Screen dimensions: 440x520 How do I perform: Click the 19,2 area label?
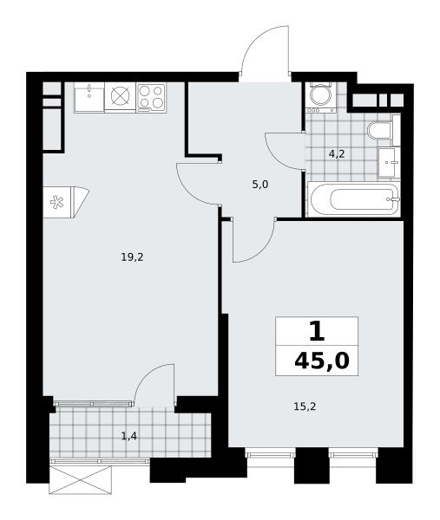coord(132,257)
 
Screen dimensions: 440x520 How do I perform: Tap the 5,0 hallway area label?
coord(260,185)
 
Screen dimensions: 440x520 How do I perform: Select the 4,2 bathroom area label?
coord(337,154)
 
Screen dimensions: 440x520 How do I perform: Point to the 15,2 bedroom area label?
coord(305,406)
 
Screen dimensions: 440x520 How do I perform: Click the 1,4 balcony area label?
coord(128,436)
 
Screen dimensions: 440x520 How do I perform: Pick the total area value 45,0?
coord(322,361)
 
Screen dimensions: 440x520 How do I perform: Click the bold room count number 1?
coord(317,332)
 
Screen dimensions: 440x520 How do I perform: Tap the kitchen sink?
coord(89,97)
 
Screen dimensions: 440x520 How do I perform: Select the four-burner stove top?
coord(151,97)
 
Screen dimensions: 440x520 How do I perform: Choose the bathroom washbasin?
coord(389,163)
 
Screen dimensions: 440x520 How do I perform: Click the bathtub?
coord(354,199)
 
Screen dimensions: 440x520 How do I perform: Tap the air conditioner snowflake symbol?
coord(56,202)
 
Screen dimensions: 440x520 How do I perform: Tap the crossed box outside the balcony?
coord(80,479)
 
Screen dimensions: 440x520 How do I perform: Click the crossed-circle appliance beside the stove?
coord(120,96)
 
